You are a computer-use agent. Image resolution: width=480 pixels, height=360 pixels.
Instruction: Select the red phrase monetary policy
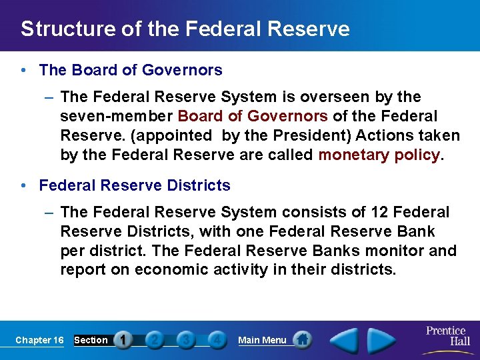point(379,155)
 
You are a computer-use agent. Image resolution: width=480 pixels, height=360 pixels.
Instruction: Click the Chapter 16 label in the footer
point(39,340)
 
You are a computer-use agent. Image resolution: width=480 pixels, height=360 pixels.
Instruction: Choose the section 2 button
point(154,340)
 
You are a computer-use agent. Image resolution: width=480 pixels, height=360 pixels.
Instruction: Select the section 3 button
point(185,340)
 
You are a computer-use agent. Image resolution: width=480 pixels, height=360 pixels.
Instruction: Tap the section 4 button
point(216,340)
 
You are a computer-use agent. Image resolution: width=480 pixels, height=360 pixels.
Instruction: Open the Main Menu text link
point(262,340)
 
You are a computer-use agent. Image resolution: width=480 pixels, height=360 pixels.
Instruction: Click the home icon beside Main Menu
point(303,340)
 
